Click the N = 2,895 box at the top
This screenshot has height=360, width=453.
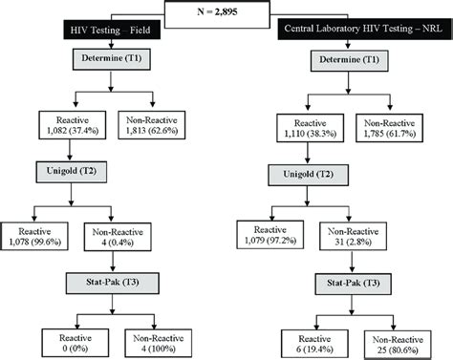[227, 14]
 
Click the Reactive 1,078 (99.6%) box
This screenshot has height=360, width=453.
[35, 236]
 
